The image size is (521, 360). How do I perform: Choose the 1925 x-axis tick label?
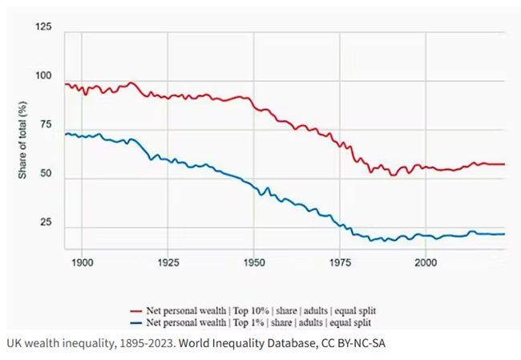(168, 262)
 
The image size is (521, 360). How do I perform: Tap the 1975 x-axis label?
(339, 262)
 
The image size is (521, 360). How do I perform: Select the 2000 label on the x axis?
(425, 262)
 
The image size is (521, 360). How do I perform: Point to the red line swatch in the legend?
(139, 309)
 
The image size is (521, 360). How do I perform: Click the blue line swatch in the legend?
(139, 322)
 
